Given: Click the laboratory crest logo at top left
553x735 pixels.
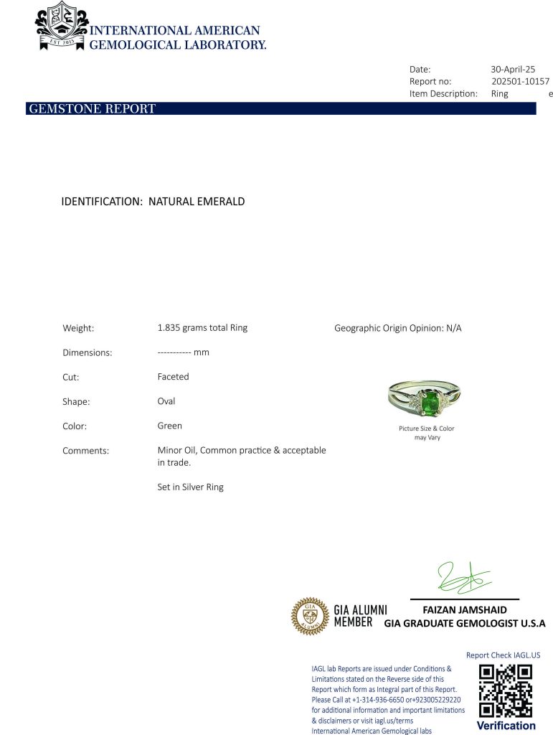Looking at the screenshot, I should click(62, 26).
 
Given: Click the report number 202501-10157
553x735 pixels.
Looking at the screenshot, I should click(520, 82).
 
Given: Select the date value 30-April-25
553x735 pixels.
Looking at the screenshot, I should click(513, 70).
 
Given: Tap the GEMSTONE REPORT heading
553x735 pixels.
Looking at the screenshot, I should click(92, 109).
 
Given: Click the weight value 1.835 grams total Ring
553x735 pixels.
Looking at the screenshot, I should click(202, 328).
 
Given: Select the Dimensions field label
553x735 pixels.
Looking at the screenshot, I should click(88, 353).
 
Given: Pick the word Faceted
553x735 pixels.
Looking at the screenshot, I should click(174, 377).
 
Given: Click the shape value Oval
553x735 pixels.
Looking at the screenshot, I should click(166, 401).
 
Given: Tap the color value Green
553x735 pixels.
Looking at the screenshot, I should click(170, 426).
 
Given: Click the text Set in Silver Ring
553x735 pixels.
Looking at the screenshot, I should click(191, 487).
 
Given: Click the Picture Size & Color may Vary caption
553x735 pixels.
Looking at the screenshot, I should click(427, 433).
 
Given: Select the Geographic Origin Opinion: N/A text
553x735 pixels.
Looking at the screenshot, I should click(398, 328).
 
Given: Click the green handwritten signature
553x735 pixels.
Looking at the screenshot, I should click(463, 579).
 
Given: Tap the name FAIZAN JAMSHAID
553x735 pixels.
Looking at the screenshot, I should click(465, 610).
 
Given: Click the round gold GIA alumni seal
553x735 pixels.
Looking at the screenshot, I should click(309, 617).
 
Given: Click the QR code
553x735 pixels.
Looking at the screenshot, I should click(506, 690).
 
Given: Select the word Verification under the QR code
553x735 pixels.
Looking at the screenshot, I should click(506, 726).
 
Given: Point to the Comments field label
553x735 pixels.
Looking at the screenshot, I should click(86, 451).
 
